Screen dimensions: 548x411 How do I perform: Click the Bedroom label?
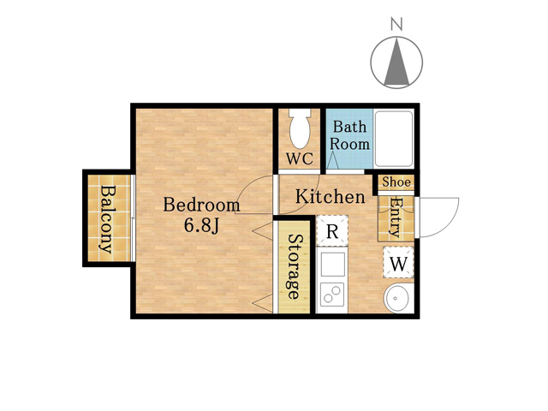[x=202, y=205]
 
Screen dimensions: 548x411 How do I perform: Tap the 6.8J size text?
[x=201, y=226]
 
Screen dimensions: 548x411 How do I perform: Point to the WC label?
[x=300, y=159]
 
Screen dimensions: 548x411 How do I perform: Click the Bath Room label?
[x=350, y=135]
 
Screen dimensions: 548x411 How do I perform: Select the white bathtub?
[x=394, y=139]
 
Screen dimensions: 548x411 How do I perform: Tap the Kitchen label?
[x=331, y=196]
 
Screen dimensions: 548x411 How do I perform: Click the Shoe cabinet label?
[x=396, y=182]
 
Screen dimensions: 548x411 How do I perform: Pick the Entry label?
[x=396, y=217]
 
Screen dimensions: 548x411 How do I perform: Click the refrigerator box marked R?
[x=332, y=231]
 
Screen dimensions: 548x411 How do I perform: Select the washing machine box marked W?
[x=398, y=263]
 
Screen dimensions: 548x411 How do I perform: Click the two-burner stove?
[x=332, y=294]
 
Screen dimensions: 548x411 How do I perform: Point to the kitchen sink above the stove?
[x=333, y=265]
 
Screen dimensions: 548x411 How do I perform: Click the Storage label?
[x=295, y=266]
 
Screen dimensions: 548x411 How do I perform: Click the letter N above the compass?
[x=396, y=24]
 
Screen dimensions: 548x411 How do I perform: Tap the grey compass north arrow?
[x=396, y=62]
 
